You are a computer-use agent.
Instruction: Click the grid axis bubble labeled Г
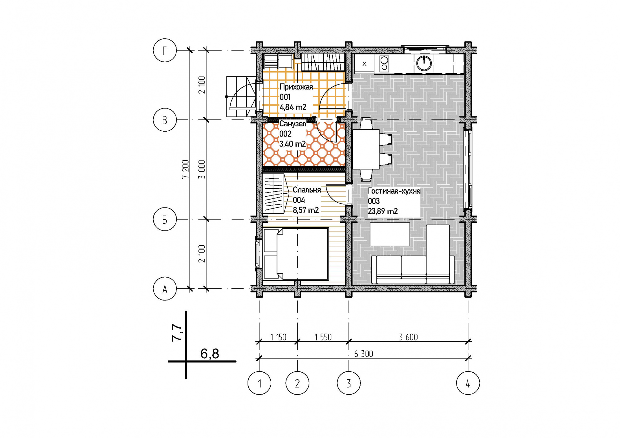click(165, 50)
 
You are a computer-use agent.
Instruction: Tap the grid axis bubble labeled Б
click(165, 219)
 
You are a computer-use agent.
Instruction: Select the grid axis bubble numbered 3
click(349, 383)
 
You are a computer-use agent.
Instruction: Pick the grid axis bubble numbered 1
click(259, 383)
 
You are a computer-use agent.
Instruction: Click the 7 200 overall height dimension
click(185, 169)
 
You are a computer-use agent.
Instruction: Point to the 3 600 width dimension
click(408, 337)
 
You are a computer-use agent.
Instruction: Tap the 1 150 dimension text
click(278, 337)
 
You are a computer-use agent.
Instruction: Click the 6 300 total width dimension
click(364, 354)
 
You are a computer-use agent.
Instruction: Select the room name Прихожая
click(296, 87)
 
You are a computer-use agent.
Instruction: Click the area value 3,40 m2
click(292, 144)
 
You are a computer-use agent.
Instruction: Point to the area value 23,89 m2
click(383, 211)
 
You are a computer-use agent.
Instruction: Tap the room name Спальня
click(307, 190)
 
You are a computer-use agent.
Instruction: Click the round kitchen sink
click(424, 63)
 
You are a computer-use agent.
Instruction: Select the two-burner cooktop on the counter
click(384, 64)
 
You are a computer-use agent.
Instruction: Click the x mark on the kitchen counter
click(364, 64)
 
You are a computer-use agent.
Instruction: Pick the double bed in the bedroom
click(296, 254)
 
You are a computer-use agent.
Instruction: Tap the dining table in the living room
click(366, 149)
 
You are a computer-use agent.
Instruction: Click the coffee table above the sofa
click(390, 234)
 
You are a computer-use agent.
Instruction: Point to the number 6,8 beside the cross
click(210, 353)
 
